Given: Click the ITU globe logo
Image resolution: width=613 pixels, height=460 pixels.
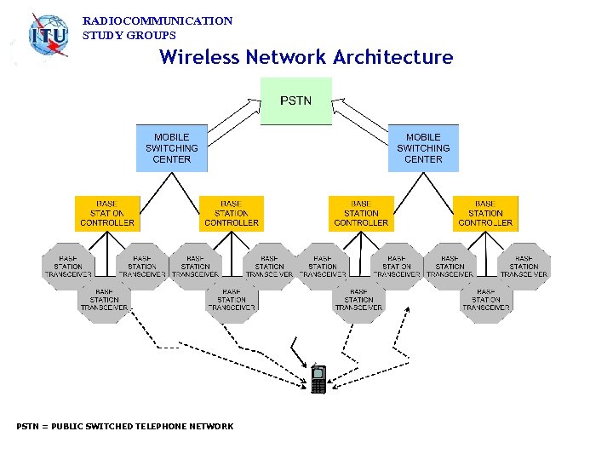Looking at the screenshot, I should [x=48, y=36].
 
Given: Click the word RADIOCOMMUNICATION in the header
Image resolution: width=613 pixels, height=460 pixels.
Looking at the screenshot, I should [x=158, y=20].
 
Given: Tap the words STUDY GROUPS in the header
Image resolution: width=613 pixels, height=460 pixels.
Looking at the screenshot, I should [x=129, y=36].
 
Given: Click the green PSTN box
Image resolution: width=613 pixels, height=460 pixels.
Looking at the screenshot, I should [x=295, y=101].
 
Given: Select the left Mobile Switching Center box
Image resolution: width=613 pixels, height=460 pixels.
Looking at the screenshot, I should [x=171, y=148].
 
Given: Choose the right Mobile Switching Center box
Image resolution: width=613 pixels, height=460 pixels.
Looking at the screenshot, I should [x=423, y=148].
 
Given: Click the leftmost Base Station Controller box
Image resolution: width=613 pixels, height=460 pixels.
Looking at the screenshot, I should [x=107, y=214].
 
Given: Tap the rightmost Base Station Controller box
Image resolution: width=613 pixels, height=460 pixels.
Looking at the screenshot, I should [x=485, y=214].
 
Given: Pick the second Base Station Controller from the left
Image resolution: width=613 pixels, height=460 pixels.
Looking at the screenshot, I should [x=232, y=214].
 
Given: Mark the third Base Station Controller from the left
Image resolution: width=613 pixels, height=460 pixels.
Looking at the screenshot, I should [x=361, y=214].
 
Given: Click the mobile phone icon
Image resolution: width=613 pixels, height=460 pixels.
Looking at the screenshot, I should [x=318, y=379].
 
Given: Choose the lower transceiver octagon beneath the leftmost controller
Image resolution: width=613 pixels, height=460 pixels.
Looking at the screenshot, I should [x=105, y=300].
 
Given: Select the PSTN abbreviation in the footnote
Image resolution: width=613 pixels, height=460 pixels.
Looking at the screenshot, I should [x=27, y=426].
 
